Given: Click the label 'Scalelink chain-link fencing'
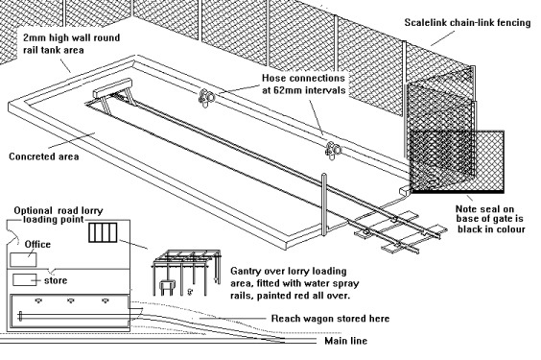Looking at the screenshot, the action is point(467,23).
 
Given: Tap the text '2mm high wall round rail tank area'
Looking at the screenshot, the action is point(71,43).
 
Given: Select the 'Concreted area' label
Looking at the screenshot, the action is point(44,156).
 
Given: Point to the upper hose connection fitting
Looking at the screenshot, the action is point(206,98).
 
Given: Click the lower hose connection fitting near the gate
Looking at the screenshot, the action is point(333,150).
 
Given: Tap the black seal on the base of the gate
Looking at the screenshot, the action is point(458,191).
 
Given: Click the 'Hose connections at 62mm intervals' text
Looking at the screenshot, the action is point(304,84).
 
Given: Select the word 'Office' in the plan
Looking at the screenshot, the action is point(37,245).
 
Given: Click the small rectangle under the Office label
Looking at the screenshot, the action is point(23,260).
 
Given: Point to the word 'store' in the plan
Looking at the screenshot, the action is point(56,280).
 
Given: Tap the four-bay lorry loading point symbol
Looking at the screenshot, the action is point(103,232).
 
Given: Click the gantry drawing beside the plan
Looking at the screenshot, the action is point(186,272).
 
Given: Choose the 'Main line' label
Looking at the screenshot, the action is point(345,341).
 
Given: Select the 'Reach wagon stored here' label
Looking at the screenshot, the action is point(330,318).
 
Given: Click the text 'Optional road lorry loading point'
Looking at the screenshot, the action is point(59,215).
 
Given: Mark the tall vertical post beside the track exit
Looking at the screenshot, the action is point(324,204).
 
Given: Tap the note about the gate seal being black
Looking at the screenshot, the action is point(490,219).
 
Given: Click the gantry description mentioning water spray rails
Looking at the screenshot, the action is point(294,283).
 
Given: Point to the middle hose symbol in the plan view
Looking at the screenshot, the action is point(71,301).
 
